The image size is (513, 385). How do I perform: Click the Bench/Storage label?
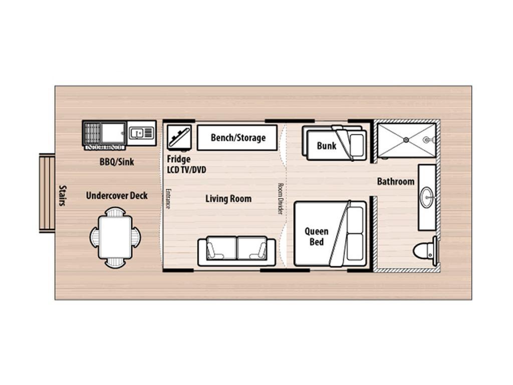[x=238, y=138]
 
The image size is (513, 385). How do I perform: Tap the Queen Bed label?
[x=317, y=237]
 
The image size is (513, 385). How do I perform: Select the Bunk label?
[x=327, y=145]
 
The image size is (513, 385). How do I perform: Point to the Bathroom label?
[x=396, y=181]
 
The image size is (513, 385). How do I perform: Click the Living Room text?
[x=228, y=199]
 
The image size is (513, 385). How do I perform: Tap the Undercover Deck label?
[x=117, y=196]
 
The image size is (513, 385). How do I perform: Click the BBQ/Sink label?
[x=117, y=162]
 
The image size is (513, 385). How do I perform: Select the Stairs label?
[x=62, y=196]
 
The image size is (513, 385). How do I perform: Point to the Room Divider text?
[x=280, y=199]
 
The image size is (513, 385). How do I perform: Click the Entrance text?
[x=167, y=199]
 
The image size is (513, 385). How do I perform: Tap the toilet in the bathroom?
[x=425, y=251]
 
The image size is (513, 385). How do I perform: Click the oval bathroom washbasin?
[x=427, y=197]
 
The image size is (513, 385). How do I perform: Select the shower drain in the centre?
[x=406, y=140]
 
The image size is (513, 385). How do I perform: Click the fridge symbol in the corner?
[x=179, y=137]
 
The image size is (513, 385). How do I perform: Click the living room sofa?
[x=236, y=251]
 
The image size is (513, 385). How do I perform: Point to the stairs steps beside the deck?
[x=47, y=193]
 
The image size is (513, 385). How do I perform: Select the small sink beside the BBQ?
[x=141, y=133]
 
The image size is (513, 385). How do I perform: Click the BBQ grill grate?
[x=92, y=133]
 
